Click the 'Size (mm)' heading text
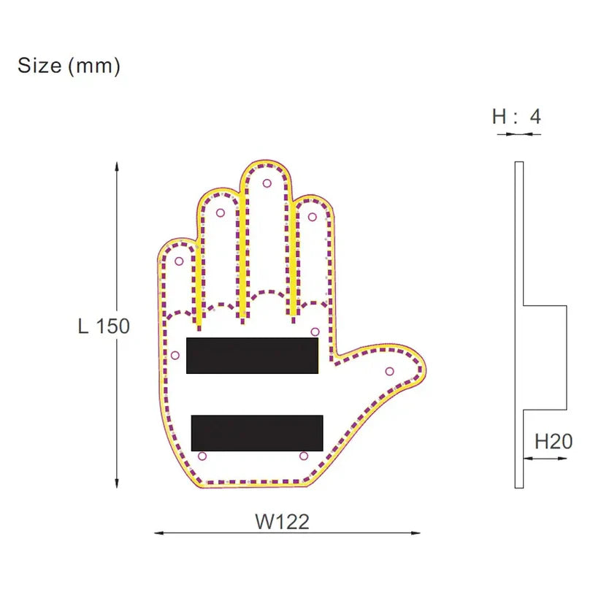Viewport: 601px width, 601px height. click(69, 66)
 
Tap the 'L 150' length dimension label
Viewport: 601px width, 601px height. click(104, 326)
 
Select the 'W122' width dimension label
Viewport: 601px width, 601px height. click(282, 521)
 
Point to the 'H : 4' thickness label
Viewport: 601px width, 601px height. click(516, 116)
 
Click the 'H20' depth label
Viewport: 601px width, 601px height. click(554, 441)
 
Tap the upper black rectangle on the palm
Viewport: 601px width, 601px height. click(253, 356)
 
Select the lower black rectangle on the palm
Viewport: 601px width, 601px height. click(257, 433)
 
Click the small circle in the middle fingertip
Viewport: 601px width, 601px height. click(267, 183)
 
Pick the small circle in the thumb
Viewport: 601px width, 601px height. click(389, 371)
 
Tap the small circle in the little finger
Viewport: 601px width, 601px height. click(178, 261)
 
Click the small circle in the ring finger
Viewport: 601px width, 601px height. click(220, 213)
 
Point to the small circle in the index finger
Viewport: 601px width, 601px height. click(313, 216)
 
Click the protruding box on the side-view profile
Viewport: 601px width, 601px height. click(545, 357)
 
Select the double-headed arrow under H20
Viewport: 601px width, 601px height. click(545, 459)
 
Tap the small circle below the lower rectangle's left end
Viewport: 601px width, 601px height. click(202, 456)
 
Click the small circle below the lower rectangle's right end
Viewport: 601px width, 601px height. click(303, 456)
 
